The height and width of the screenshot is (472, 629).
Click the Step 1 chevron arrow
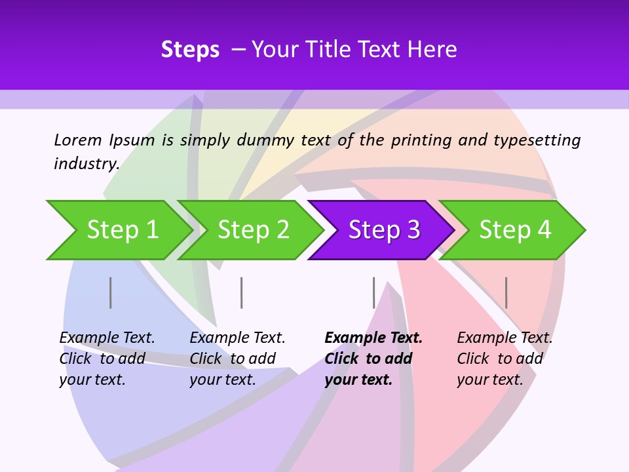tap(121, 230)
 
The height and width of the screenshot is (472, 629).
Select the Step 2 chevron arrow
tap(253, 230)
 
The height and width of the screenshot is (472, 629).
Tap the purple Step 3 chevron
tap(383, 230)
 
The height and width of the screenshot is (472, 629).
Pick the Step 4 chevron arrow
tap(514, 230)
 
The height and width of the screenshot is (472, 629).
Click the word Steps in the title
tap(190, 50)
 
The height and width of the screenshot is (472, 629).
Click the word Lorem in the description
tap(78, 140)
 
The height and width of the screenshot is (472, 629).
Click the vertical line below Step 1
tap(111, 292)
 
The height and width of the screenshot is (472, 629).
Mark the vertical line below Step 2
tap(242, 292)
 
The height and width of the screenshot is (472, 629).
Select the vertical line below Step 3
tap(374, 292)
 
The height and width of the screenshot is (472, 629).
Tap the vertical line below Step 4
tap(506, 292)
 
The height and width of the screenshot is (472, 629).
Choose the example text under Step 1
tap(107, 359)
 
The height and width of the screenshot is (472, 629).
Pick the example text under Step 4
tap(504, 359)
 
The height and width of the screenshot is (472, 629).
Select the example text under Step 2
tap(237, 359)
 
